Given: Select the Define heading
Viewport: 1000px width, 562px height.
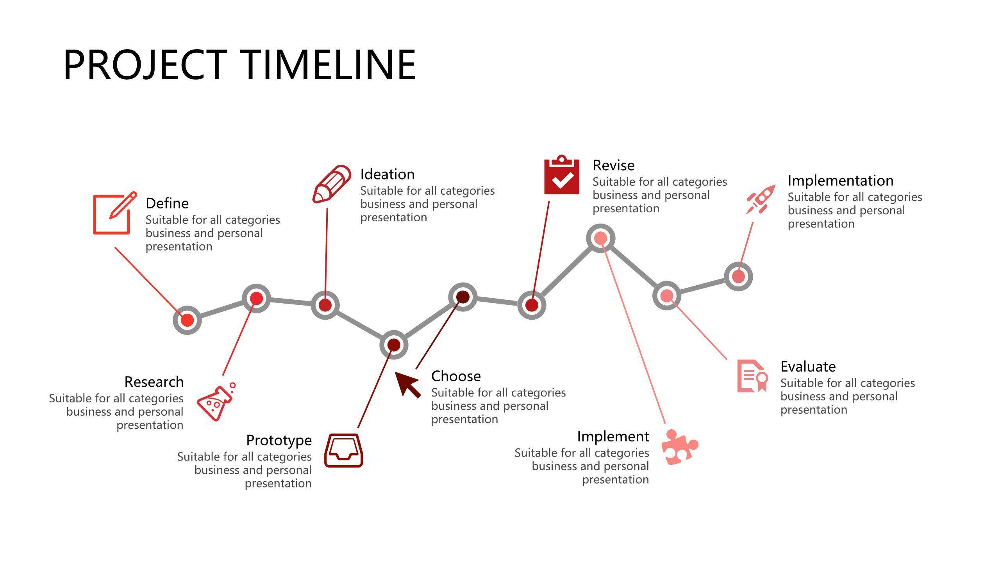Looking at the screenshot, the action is tap(167, 203).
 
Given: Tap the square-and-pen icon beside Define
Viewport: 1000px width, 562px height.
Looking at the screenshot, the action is tap(115, 213).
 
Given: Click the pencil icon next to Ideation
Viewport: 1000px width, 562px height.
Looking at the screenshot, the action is tap(332, 184).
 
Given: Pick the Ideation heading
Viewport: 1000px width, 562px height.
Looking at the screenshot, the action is tap(387, 174).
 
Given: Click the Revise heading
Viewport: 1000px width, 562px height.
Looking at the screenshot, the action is tap(613, 165).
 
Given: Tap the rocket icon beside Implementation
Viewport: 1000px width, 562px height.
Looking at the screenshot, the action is tap(761, 199).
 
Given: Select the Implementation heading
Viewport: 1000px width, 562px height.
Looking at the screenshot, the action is tap(841, 181).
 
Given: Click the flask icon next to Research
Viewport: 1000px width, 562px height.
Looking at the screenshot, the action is tap(216, 402).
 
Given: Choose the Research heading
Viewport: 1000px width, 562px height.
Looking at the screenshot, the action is tap(154, 382).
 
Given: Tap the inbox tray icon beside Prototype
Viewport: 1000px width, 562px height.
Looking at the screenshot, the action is tap(344, 450).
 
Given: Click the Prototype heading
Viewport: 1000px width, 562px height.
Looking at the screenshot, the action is tap(279, 440).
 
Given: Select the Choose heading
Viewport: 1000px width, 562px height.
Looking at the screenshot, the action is tap(456, 376).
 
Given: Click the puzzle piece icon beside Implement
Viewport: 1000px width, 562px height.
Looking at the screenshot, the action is tap(680, 447).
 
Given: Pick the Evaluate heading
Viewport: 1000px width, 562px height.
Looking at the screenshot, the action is tap(808, 367).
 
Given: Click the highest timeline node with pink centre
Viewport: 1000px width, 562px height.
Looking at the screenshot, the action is tap(601, 238).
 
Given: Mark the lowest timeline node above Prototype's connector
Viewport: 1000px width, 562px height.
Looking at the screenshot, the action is tap(394, 345).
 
